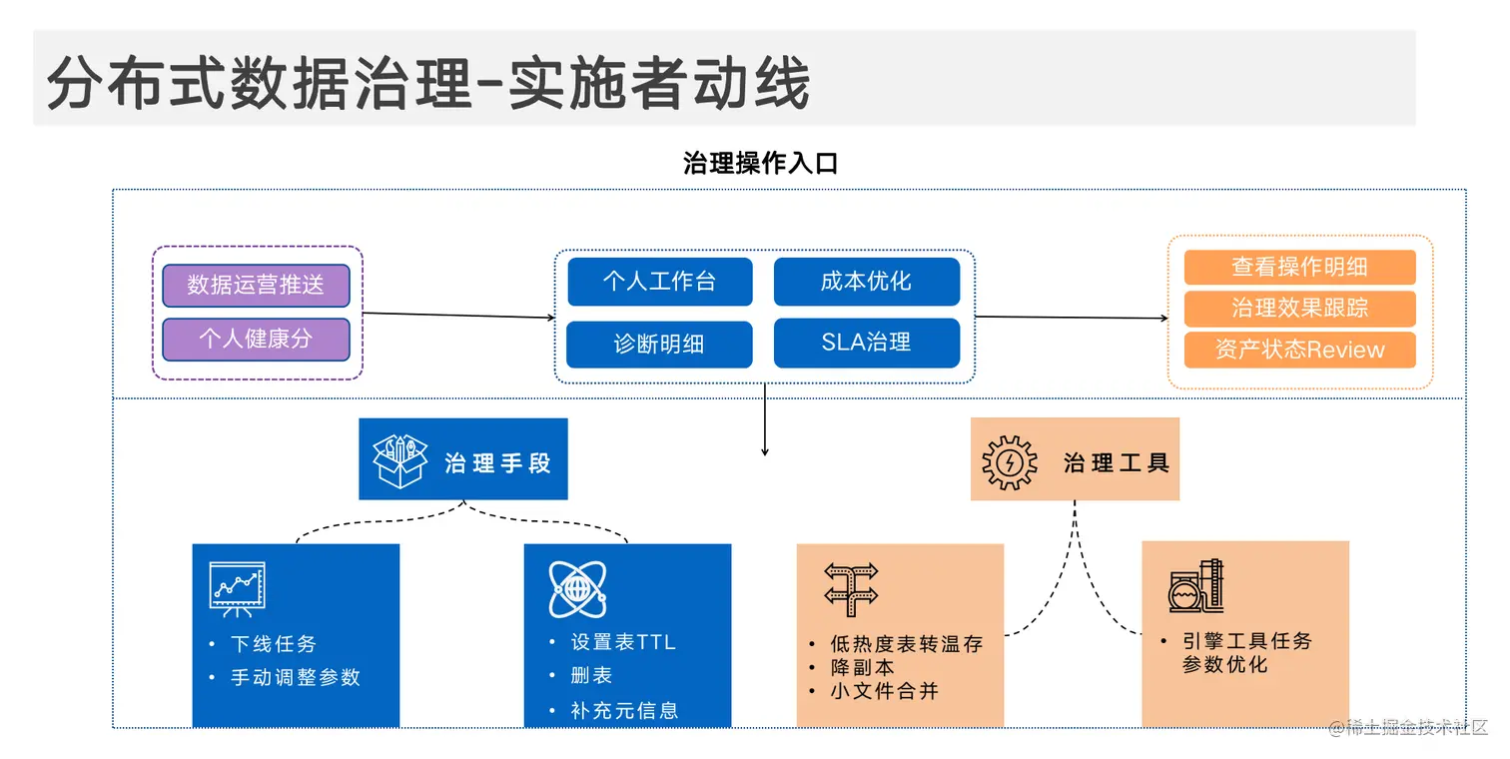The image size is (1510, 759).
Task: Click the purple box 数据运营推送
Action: click(x=256, y=286)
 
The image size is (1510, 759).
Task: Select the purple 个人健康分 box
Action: click(x=256, y=339)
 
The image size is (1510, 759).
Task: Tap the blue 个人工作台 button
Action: click(x=659, y=282)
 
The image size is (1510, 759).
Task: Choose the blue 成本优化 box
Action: click(x=866, y=282)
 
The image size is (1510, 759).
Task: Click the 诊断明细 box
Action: click(x=659, y=344)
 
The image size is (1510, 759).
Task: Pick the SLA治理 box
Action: click(x=866, y=343)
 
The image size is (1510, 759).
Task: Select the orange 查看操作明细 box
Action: click(x=1299, y=268)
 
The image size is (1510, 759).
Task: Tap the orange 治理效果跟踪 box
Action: click(x=1299, y=309)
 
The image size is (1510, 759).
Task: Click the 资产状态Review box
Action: click(x=1299, y=350)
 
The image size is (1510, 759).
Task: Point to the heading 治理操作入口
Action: click(x=760, y=164)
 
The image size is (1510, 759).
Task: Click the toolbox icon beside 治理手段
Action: click(x=399, y=459)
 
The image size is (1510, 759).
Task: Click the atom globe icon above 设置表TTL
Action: click(x=576, y=589)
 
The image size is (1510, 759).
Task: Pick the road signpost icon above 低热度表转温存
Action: click(x=851, y=588)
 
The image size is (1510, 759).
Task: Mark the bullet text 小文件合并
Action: click(x=884, y=690)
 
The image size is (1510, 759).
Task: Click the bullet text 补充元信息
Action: click(x=624, y=711)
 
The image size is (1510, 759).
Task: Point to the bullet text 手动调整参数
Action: click(x=295, y=677)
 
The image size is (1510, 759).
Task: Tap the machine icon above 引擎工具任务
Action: click(x=1196, y=586)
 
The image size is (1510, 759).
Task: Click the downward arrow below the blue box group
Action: click(x=765, y=429)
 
